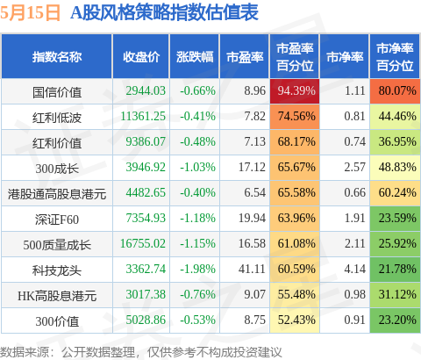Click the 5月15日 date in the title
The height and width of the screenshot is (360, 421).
pyautogui.click(x=30, y=13)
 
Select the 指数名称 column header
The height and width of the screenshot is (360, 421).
pyautogui.click(x=57, y=57)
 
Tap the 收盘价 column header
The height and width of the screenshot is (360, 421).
pyautogui.click(x=141, y=57)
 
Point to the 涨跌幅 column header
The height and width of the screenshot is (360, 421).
pyautogui.click(x=195, y=57)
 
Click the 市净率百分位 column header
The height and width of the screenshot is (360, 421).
pyautogui.click(x=395, y=57)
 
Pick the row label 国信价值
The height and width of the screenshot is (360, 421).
pyautogui.click(x=57, y=92)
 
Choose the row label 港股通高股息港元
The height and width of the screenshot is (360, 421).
pyautogui.click(x=57, y=194)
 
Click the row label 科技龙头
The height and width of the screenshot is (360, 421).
pyautogui.click(x=57, y=270)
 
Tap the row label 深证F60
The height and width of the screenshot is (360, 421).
pyautogui.click(x=57, y=220)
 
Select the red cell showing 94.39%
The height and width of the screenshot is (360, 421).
pyautogui.click(x=295, y=90)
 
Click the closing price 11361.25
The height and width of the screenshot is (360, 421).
pyautogui.click(x=143, y=116)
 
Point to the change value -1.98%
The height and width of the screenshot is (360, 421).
pyautogui.click(x=197, y=269)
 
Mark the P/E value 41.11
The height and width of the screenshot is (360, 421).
pyautogui.click(x=252, y=269)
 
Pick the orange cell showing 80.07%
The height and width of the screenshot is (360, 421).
pyautogui.click(x=395, y=90)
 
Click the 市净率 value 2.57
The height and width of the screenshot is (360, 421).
pyautogui.click(x=355, y=167)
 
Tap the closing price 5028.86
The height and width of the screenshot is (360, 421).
pyautogui.click(x=146, y=320)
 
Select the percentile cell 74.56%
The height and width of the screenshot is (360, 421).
pyautogui.click(x=295, y=117)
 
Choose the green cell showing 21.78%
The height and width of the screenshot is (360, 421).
pyautogui.click(x=395, y=270)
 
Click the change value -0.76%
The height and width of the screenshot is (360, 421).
pyautogui.click(x=197, y=294)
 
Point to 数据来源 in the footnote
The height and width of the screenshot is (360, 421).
pyautogui.click(x=25, y=352)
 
